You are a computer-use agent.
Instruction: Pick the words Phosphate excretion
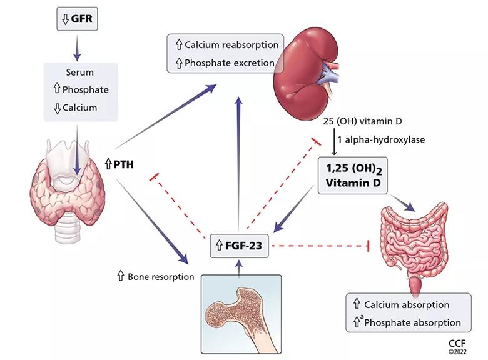point(229,62)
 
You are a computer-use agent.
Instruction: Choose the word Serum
point(79,72)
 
